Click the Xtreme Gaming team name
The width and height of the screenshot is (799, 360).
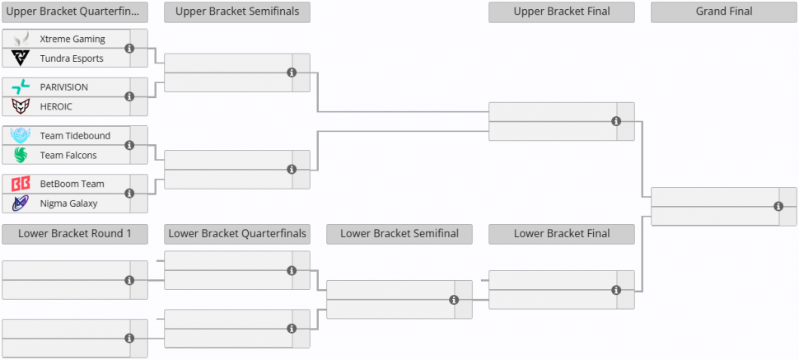tap(72, 39)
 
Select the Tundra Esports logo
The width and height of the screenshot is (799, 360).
tap(21, 58)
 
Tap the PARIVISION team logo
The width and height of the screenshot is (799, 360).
tap(21, 87)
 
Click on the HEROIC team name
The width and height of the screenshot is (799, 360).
tap(56, 106)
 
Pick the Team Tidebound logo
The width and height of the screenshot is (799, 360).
tap(21, 136)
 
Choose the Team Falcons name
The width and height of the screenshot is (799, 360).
tap(68, 155)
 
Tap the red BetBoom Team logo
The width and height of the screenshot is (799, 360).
tap(21, 184)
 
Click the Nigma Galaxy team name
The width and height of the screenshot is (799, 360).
tap(69, 203)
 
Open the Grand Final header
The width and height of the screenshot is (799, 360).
tap(723, 12)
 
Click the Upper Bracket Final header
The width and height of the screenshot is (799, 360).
tap(562, 12)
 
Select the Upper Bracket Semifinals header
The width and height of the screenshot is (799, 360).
tap(237, 12)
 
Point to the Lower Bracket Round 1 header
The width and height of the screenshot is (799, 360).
tap(75, 234)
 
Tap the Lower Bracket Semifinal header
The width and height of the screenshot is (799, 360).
tap(399, 234)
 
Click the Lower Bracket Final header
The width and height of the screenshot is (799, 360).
tap(562, 234)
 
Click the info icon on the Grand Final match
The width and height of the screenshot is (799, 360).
tap(778, 207)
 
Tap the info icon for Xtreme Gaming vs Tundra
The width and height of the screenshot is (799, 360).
tap(129, 48)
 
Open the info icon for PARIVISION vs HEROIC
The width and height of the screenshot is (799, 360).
tap(129, 96)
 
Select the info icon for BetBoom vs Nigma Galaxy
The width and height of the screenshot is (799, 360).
tap(129, 194)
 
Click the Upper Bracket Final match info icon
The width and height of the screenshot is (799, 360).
tap(616, 121)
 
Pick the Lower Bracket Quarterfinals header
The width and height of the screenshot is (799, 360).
tap(237, 234)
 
